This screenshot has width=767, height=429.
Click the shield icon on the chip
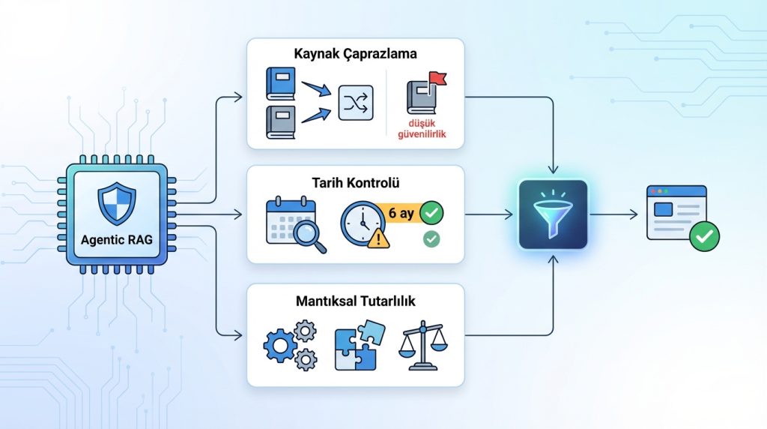point(115,205)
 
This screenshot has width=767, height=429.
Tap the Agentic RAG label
point(115,241)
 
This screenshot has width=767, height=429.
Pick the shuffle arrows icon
point(356,103)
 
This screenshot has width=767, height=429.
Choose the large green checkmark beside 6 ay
point(431,213)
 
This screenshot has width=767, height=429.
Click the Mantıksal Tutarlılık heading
point(356,301)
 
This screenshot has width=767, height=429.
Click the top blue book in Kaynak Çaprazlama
point(280,83)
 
